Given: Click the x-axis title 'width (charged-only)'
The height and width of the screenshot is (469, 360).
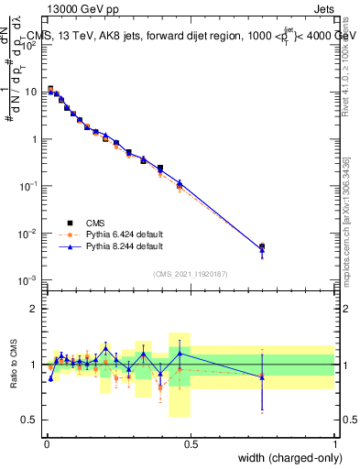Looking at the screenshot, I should point(286,458).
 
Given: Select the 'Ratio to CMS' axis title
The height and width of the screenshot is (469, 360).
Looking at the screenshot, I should point(13,365).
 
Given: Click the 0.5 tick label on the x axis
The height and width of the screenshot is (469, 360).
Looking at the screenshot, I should point(191,443).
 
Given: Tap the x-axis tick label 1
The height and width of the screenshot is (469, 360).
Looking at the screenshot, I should point(334,443).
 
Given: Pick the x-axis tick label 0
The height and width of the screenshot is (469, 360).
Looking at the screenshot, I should point(47,443).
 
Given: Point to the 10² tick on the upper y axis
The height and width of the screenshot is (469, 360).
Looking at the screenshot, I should point(31,44).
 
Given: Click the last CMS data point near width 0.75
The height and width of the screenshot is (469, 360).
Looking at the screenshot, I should point(262,246).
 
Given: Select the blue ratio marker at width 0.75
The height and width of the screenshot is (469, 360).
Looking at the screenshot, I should point(262,376).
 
